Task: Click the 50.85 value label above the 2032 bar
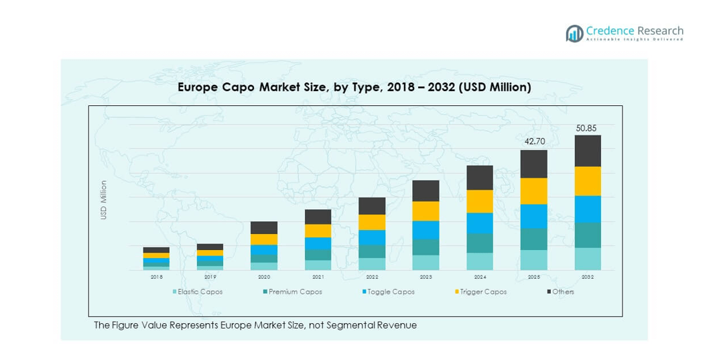click(x=587, y=127)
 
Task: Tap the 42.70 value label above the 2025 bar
click(x=533, y=142)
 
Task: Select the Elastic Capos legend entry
click(x=198, y=292)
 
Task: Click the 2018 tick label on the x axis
click(x=156, y=276)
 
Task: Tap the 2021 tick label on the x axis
click(x=318, y=276)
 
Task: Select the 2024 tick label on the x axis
click(x=480, y=276)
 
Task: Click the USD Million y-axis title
click(x=104, y=200)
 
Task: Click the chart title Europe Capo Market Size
click(x=354, y=87)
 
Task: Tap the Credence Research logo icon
click(x=574, y=34)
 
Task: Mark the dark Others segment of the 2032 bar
click(x=588, y=151)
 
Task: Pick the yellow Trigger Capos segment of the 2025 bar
click(x=534, y=191)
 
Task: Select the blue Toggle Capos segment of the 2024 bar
click(x=480, y=223)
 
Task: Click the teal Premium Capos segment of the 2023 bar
click(x=426, y=247)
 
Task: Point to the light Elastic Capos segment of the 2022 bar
click(x=372, y=263)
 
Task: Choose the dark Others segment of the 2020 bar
click(x=264, y=227)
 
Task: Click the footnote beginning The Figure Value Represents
click(x=255, y=325)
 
